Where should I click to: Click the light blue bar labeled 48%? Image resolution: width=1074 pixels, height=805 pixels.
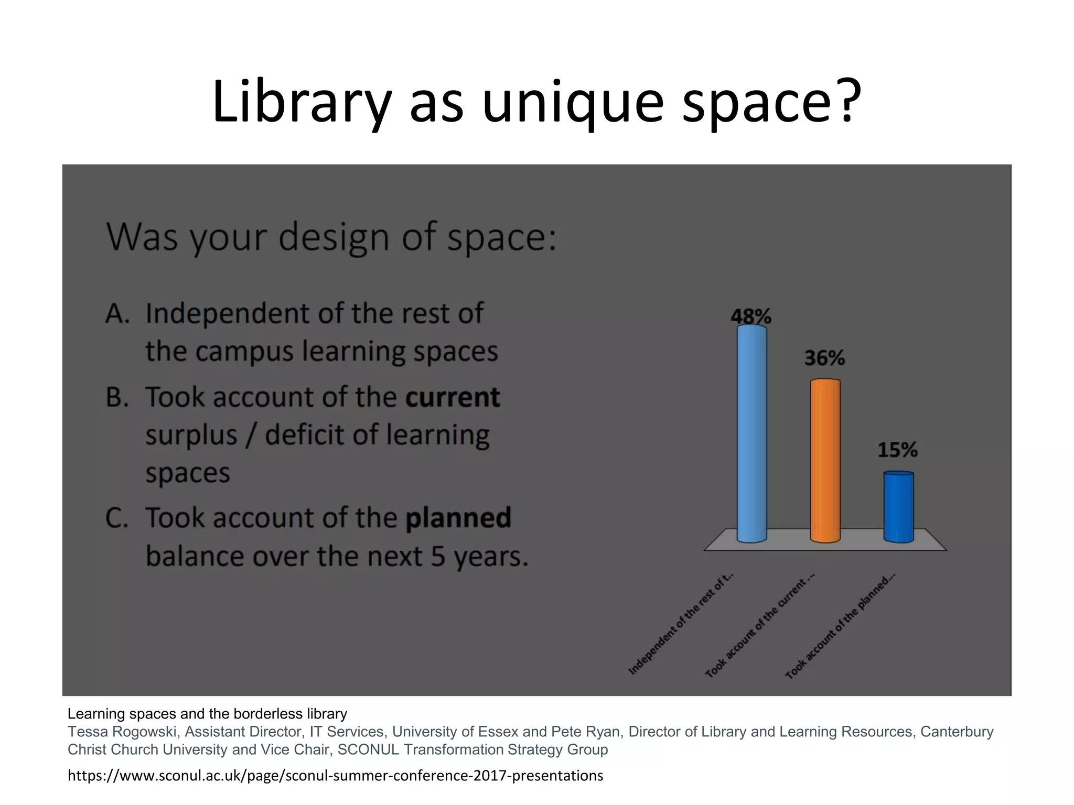(x=751, y=433)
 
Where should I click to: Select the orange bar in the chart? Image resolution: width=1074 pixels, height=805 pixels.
(x=825, y=460)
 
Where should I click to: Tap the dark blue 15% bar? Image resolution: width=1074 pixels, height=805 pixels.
(x=898, y=506)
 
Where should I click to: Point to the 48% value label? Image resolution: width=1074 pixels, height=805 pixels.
(x=751, y=316)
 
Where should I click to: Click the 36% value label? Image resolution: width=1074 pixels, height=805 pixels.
(x=824, y=358)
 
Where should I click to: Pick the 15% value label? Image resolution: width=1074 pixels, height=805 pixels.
(x=897, y=450)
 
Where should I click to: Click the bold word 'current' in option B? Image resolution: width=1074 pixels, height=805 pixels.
(x=452, y=397)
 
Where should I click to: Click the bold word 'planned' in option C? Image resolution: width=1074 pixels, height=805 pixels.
(x=458, y=517)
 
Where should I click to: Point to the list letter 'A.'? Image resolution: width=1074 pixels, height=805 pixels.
(x=117, y=313)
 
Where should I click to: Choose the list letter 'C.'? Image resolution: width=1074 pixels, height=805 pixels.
(x=116, y=518)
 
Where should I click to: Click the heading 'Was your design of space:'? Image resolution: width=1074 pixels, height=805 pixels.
(x=331, y=237)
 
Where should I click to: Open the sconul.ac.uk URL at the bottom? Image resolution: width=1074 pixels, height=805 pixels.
(x=335, y=775)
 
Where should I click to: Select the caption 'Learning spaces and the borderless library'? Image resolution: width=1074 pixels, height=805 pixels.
(x=207, y=714)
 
